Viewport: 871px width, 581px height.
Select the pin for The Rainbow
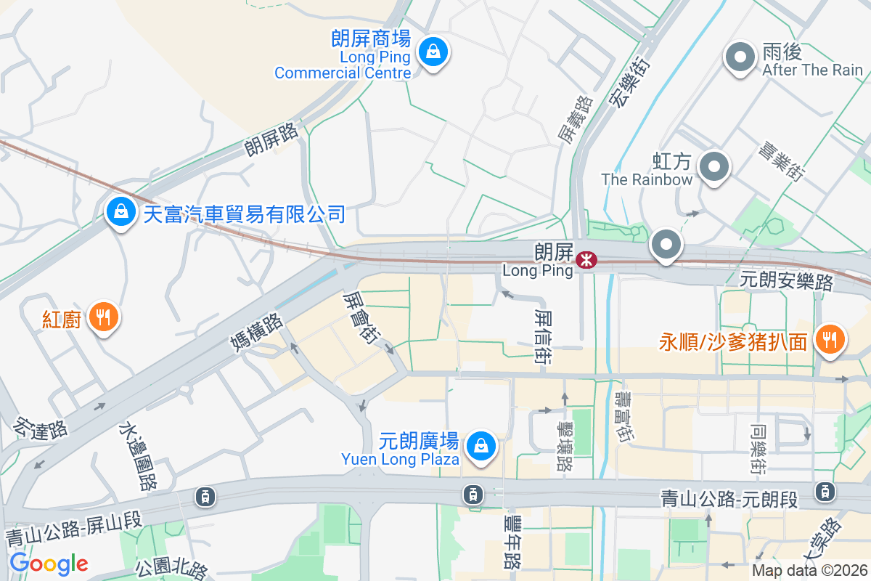click(x=714, y=167)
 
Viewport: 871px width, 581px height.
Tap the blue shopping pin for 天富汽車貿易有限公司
click(x=121, y=212)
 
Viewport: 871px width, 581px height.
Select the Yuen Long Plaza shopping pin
click(x=481, y=447)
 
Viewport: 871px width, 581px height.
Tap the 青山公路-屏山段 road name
click(x=74, y=528)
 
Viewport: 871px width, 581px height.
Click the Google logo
click(x=49, y=563)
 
